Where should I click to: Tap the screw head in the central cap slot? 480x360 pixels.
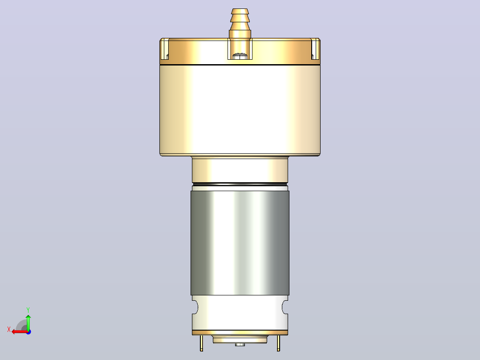tap(240, 55)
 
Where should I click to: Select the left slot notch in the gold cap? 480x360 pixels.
tap(165, 49)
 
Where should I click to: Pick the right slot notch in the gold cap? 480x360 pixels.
tap(315, 49)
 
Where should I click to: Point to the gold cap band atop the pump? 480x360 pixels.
tap(240, 52)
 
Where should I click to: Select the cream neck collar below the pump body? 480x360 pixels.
tap(240, 170)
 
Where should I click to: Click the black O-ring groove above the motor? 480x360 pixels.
tap(240, 184)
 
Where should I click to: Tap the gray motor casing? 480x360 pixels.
tap(240, 243)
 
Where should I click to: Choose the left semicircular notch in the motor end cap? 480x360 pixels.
tap(195, 307)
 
